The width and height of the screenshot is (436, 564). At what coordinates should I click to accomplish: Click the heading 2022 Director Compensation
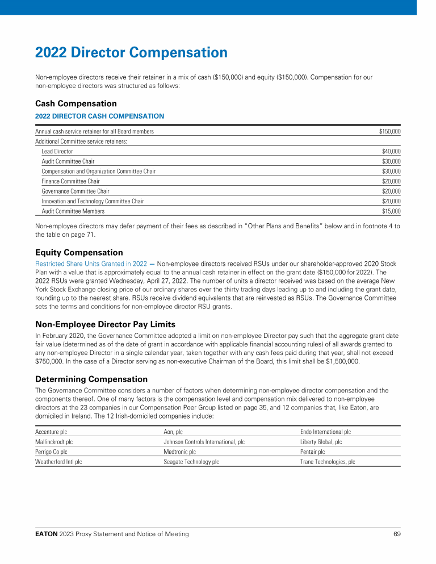coord(131,53)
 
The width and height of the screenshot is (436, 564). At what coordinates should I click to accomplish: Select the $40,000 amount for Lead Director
coord(391,152)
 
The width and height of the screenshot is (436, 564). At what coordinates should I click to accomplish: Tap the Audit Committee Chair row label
coord(68,161)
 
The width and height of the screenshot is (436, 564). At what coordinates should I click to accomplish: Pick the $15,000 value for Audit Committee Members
coord(391,211)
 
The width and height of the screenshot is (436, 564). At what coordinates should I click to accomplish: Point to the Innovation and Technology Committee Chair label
coord(93,201)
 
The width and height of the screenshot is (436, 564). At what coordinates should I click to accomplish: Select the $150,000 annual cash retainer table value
coord(389,132)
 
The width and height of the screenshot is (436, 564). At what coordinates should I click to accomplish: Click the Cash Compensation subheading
coord(76,104)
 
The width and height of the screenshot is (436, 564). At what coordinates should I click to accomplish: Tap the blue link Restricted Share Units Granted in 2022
coord(91,264)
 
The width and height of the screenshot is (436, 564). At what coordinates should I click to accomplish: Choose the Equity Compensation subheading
coord(79,252)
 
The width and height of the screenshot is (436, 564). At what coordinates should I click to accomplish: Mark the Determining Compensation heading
coord(91,379)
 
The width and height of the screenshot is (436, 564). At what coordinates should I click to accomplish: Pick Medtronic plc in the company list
coord(179,452)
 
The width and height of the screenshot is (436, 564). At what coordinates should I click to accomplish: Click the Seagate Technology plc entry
coord(191,462)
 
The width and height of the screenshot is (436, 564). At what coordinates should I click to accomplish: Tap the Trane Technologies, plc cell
coord(328,462)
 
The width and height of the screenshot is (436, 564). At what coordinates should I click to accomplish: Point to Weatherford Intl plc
coord(58,462)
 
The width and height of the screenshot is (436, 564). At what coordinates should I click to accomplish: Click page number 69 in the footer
coord(397,534)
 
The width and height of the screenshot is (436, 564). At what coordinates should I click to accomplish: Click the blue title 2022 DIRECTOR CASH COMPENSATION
coord(99,116)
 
